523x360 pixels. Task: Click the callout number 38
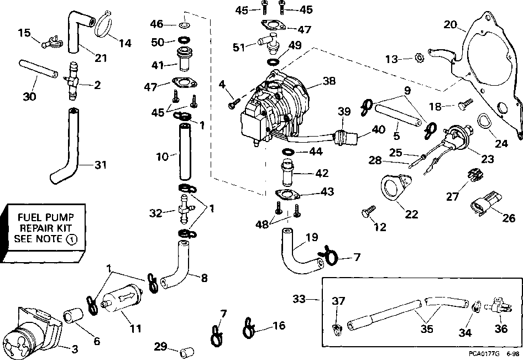pos(329,80)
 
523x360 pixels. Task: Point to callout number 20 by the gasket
pos(451,24)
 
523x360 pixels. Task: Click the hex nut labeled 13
pos(419,58)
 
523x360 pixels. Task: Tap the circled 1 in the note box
pos(71,239)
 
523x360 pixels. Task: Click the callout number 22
pos(411,215)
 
